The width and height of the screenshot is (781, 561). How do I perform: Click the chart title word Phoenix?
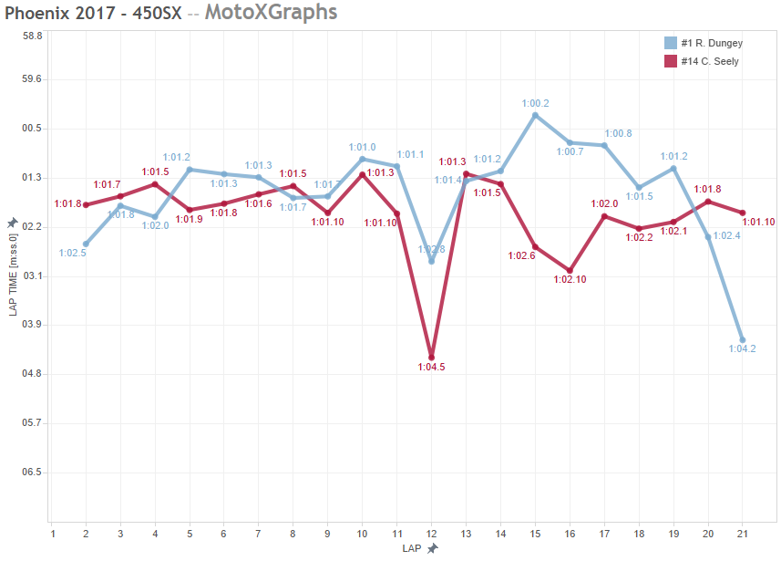(x=39, y=13)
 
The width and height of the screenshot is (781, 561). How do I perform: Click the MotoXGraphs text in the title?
(x=271, y=13)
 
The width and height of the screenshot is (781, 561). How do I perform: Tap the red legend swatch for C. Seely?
(x=671, y=61)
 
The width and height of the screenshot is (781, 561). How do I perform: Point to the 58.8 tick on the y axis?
(x=33, y=36)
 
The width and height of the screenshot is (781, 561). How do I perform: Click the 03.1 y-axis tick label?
(x=33, y=275)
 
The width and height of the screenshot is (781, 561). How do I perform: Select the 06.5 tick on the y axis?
(x=33, y=473)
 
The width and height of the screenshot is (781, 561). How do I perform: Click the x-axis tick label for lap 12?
(x=431, y=533)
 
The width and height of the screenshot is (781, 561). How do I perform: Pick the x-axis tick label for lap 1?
(x=53, y=533)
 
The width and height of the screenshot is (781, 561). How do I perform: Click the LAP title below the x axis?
(x=412, y=549)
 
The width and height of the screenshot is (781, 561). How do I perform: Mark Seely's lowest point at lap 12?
(x=431, y=358)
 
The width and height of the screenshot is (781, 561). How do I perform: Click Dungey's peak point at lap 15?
(x=535, y=115)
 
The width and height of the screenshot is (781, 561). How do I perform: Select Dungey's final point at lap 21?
(x=742, y=339)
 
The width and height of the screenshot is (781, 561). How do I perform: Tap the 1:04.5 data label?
(x=431, y=368)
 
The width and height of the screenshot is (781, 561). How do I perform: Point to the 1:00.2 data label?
(x=535, y=103)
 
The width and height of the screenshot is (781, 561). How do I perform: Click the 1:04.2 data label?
(x=742, y=349)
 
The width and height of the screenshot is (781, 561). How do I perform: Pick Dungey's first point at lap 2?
(x=86, y=244)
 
